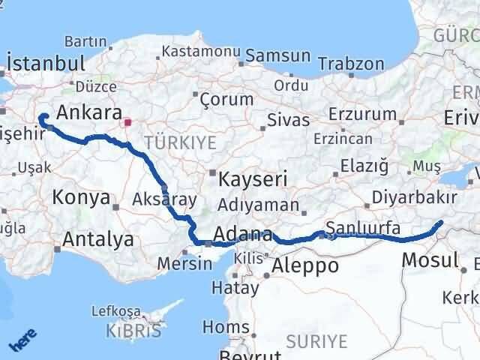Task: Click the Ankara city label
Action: tap(89, 113)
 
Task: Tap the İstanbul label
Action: tap(45, 61)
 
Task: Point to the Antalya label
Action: tap(99, 240)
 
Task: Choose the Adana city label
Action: tap(243, 234)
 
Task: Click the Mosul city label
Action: tap(430, 261)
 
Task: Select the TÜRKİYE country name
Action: tap(180, 142)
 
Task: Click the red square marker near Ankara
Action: tap(127, 121)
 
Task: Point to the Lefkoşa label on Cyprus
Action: tap(115, 310)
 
